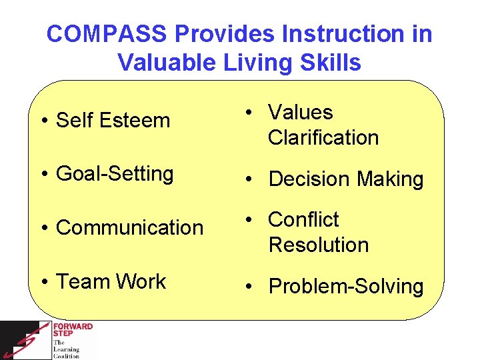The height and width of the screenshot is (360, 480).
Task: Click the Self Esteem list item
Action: pyautogui.click(x=113, y=121)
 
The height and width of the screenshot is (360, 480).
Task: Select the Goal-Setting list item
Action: pyautogui.click(x=115, y=174)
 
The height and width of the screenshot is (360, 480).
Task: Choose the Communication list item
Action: pyautogui.click(x=129, y=227)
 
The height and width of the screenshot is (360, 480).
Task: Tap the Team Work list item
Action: pyautogui.click(x=111, y=281)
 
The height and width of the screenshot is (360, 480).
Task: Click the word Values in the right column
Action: pyautogui.click(x=300, y=112)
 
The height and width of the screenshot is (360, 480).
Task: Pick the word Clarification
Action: pyautogui.click(x=323, y=138)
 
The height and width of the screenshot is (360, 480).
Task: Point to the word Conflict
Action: pyautogui.click(x=303, y=219)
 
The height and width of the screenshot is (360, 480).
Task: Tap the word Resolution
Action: pyautogui.click(x=318, y=245)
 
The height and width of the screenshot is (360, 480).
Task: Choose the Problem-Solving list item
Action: pyautogui.click(x=345, y=287)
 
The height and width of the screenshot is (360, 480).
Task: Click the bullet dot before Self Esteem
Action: pyautogui.click(x=43, y=122)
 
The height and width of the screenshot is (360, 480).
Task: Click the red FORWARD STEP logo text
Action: pyautogui.click(x=73, y=331)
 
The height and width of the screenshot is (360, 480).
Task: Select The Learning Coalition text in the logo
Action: pyautogui.click(x=66, y=349)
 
